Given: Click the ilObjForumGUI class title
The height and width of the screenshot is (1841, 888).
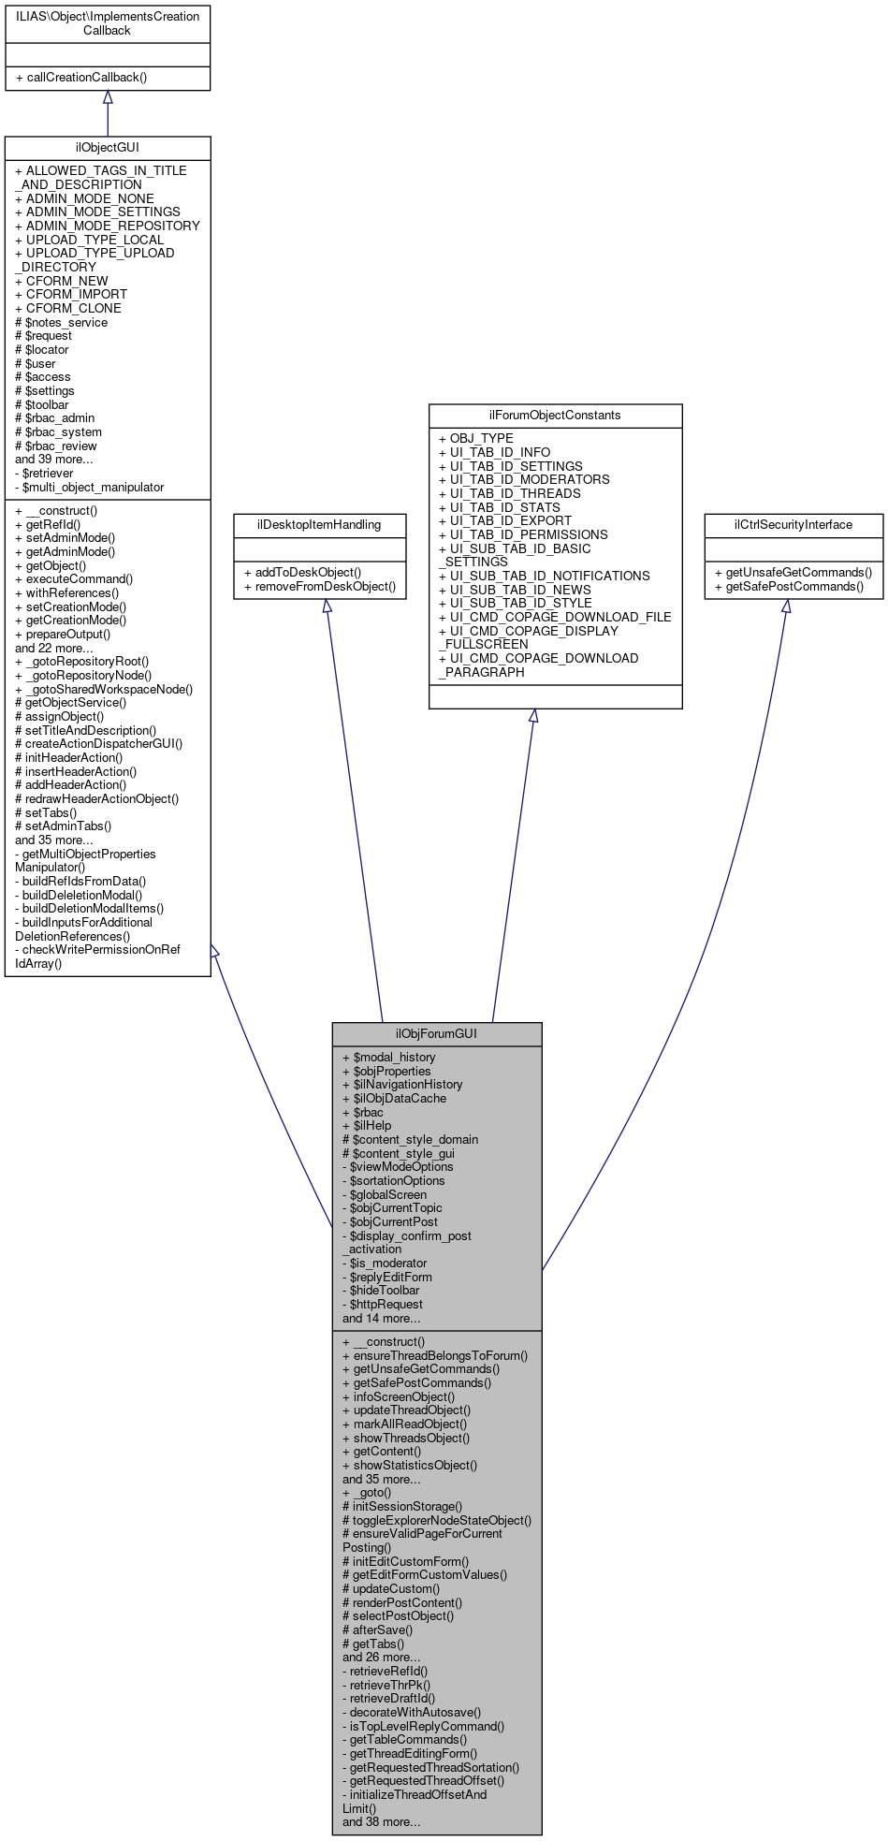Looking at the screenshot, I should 436,1033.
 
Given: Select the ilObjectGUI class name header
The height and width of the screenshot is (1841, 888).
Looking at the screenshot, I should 108,148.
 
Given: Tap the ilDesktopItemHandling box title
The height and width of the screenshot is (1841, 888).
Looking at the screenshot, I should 319,525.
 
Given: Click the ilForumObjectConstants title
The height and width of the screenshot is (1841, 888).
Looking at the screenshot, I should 555,416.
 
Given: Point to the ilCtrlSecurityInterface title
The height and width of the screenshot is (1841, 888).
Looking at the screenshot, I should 793,525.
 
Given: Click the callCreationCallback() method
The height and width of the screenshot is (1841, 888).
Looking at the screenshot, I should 81,78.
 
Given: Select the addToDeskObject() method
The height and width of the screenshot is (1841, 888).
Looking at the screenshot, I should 302,572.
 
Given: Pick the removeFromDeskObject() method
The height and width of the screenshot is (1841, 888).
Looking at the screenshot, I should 319,587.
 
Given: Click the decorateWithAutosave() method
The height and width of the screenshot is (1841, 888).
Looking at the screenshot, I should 415,1712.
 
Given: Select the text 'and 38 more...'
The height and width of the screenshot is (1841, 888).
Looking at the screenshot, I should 381,1822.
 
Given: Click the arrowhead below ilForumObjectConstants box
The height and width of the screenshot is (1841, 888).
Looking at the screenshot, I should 533,716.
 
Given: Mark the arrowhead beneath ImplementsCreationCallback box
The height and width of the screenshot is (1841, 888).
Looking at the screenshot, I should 108,97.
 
